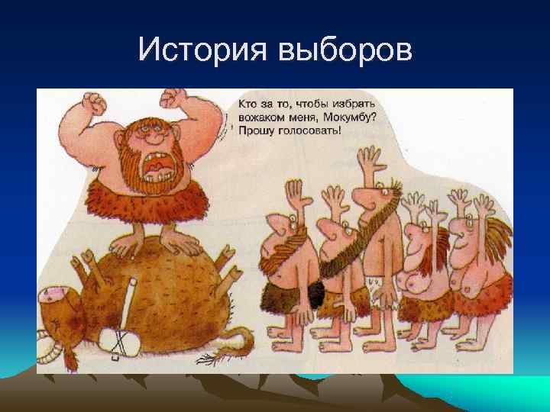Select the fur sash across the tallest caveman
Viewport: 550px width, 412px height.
click(x=359, y=229)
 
